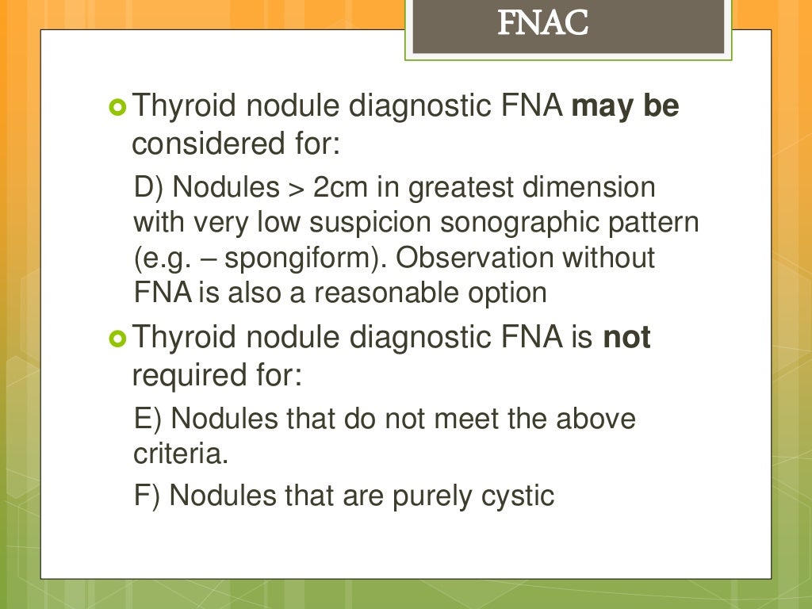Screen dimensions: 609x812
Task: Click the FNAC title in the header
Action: [x=543, y=25]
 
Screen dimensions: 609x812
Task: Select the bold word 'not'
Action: [x=627, y=339]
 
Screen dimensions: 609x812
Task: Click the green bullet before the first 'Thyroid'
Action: [x=117, y=107]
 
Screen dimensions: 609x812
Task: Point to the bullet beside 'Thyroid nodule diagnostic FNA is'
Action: [x=117, y=339]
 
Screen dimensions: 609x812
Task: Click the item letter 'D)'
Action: [x=149, y=189]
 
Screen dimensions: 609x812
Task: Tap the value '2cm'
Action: [x=338, y=189]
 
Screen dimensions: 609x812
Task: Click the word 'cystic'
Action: [x=518, y=496]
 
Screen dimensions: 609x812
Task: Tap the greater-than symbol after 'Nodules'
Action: [x=293, y=189]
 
